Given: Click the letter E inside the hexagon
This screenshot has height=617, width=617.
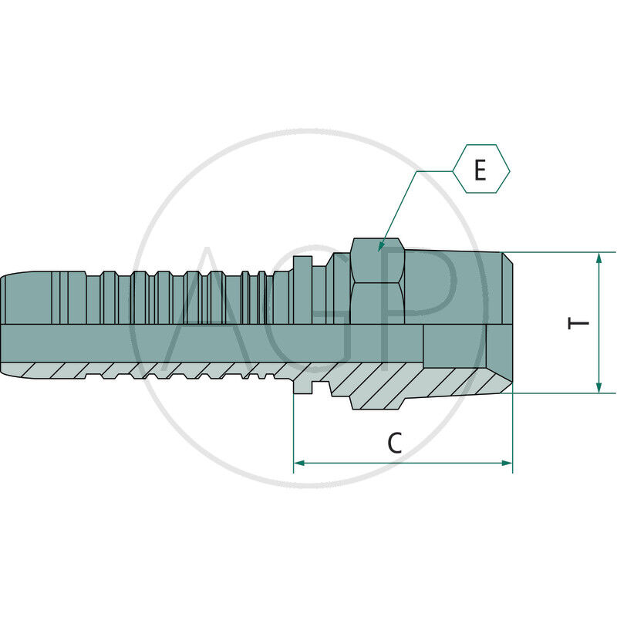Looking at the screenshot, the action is pyautogui.click(x=480, y=170).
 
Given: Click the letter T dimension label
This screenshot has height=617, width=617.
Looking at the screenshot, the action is pyautogui.click(x=578, y=323).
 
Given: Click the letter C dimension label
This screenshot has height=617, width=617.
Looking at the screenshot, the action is pyautogui.click(x=395, y=443).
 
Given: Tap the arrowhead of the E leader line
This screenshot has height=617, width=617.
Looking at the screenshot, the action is pyautogui.click(x=381, y=246).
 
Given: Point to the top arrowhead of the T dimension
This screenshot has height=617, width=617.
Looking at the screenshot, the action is pyautogui.click(x=599, y=258).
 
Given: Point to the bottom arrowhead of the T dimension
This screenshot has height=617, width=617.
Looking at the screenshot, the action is pyautogui.click(x=599, y=387).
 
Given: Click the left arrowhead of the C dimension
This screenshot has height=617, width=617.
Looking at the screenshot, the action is pyautogui.click(x=299, y=463).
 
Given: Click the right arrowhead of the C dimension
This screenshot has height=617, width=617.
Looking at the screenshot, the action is pyautogui.click(x=507, y=463).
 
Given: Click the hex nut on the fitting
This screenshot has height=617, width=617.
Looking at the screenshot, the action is pyautogui.click(x=378, y=282).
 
